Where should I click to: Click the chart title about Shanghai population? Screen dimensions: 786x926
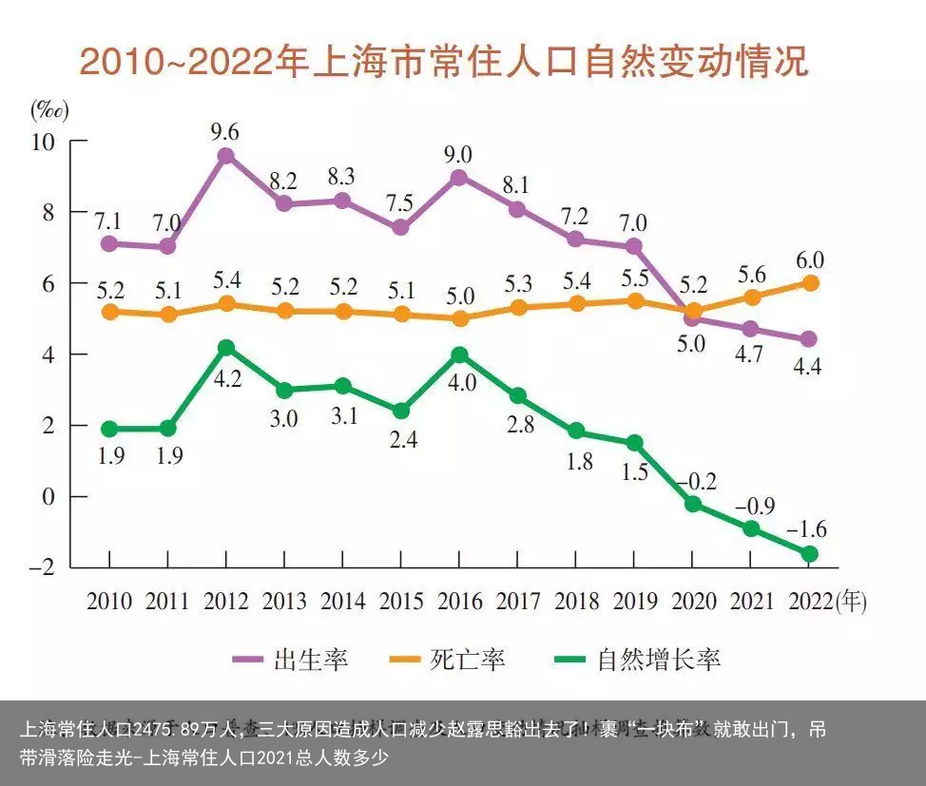click(443, 62)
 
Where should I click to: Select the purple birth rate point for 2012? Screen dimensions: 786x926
click(225, 156)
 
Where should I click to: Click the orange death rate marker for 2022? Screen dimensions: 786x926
click(810, 282)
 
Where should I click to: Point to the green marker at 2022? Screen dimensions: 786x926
click(810, 553)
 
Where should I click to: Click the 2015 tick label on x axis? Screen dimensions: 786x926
click(400, 602)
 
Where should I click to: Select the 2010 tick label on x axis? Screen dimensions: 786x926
click(109, 602)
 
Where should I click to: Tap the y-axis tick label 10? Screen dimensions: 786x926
click(46, 141)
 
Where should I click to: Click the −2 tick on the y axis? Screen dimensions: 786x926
click(44, 567)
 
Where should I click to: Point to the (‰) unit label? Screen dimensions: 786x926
click(49, 110)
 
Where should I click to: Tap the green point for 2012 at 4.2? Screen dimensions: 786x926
click(225, 348)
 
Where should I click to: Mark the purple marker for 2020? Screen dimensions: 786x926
click(693, 318)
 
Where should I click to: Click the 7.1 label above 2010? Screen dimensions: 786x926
click(107, 220)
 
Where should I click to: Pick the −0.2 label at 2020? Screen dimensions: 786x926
click(698, 481)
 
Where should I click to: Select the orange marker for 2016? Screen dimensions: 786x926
click(459, 318)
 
